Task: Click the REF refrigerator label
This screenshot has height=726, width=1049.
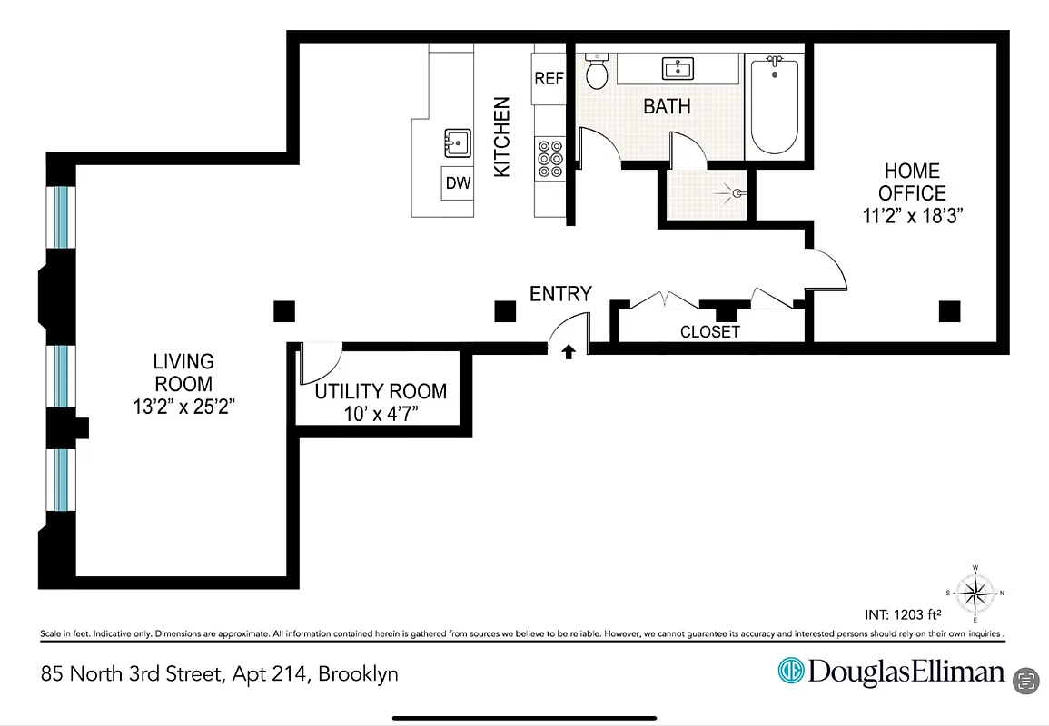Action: (549, 78)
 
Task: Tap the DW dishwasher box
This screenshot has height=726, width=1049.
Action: (458, 183)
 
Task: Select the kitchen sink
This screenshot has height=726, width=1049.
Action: (457, 142)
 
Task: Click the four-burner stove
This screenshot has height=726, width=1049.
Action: (549, 158)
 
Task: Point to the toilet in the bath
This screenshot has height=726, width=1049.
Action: (597, 72)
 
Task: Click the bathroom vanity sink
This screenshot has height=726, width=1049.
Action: (678, 68)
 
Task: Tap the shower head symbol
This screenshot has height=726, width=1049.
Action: (736, 192)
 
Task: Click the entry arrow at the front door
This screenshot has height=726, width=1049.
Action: (569, 351)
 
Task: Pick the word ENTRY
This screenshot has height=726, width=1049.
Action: (560, 293)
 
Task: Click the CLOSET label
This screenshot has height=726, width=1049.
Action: (709, 332)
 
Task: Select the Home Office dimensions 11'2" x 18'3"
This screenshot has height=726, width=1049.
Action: (912, 216)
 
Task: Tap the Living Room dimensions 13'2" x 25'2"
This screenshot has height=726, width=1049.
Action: (183, 407)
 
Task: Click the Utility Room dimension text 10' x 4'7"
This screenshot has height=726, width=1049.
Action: (381, 415)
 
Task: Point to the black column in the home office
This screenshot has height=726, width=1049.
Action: (949, 311)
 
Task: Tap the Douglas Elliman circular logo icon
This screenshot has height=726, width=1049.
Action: (790, 672)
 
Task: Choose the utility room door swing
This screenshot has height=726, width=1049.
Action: (320, 364)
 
